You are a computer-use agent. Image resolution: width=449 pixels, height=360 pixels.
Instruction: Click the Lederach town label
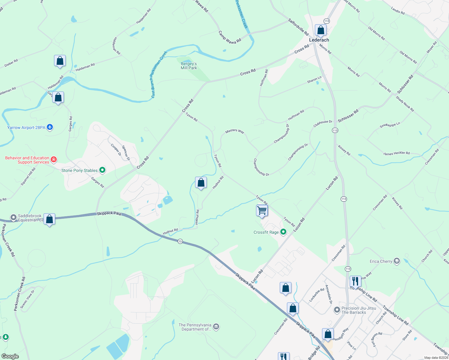coord(319,40)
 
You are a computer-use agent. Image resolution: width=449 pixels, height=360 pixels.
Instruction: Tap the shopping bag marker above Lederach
coord(321,30)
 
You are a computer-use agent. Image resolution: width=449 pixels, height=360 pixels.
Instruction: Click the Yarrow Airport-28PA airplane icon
coord(50,127)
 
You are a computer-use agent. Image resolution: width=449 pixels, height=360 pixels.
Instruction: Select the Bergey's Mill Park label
coord(189,66)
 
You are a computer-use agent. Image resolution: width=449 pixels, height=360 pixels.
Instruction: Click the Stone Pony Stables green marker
coord(102,170)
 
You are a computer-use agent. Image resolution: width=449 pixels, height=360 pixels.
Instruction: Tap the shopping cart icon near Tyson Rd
coord(262,211)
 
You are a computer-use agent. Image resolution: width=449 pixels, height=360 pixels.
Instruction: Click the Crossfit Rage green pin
coord(283,232)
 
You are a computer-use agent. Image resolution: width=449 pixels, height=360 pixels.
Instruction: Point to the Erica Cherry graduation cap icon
coord(397,261)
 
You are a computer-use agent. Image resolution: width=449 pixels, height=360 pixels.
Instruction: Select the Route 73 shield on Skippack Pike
coord(180,241)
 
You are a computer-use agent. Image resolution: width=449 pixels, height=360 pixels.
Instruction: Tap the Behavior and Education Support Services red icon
coord(54,159)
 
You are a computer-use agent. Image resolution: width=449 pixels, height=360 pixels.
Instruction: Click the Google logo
coord(10,356)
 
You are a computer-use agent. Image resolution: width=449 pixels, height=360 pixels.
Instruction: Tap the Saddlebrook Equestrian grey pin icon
coord(13,217)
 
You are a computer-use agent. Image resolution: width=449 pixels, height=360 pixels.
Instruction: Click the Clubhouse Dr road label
coord(323,124)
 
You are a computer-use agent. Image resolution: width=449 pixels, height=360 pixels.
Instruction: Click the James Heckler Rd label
coord(396,153)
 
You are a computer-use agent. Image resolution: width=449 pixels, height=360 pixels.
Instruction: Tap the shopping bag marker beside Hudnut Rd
coord(201,183)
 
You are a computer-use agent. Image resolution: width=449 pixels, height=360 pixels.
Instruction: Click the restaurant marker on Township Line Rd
coord(355,282)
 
